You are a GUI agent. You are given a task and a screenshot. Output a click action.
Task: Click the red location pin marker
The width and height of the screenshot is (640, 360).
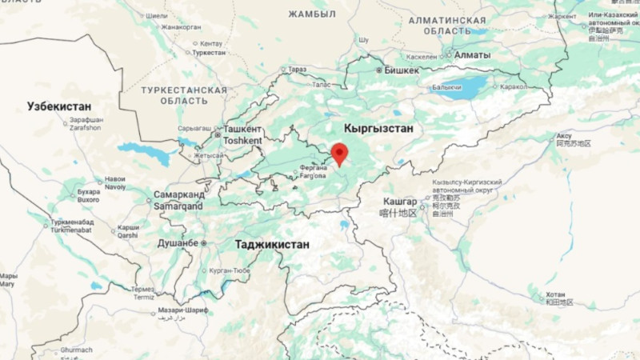point(339,152)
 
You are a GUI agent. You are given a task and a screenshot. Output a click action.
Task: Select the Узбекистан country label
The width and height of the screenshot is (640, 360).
point(59,106)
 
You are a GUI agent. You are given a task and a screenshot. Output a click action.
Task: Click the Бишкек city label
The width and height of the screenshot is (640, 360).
point(402,70)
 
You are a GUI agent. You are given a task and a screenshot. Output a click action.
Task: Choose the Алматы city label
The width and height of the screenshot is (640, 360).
point(472,55)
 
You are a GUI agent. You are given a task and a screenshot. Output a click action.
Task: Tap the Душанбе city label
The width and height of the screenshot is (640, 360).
point(178,242)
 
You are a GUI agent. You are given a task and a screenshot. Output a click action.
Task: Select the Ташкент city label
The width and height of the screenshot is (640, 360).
point(242,129)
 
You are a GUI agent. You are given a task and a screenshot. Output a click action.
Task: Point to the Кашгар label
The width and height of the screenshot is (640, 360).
point(400,202)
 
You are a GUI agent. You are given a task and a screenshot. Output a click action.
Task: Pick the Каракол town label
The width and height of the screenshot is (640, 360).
point(512,86)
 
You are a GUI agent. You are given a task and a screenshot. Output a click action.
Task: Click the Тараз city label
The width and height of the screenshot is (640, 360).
point(298,70)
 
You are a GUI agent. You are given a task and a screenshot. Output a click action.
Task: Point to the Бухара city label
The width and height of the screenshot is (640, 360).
point(88,192)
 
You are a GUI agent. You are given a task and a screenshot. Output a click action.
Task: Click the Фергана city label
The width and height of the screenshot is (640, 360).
point(313,168)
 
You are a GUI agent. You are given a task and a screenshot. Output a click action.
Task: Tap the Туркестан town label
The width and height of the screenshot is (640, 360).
point(210,53)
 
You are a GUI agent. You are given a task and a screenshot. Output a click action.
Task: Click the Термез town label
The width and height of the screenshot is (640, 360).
point(143,289)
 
